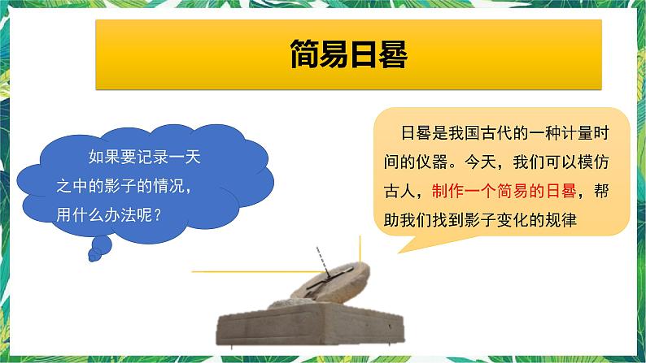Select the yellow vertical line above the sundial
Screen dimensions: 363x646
(x=356, y=247)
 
